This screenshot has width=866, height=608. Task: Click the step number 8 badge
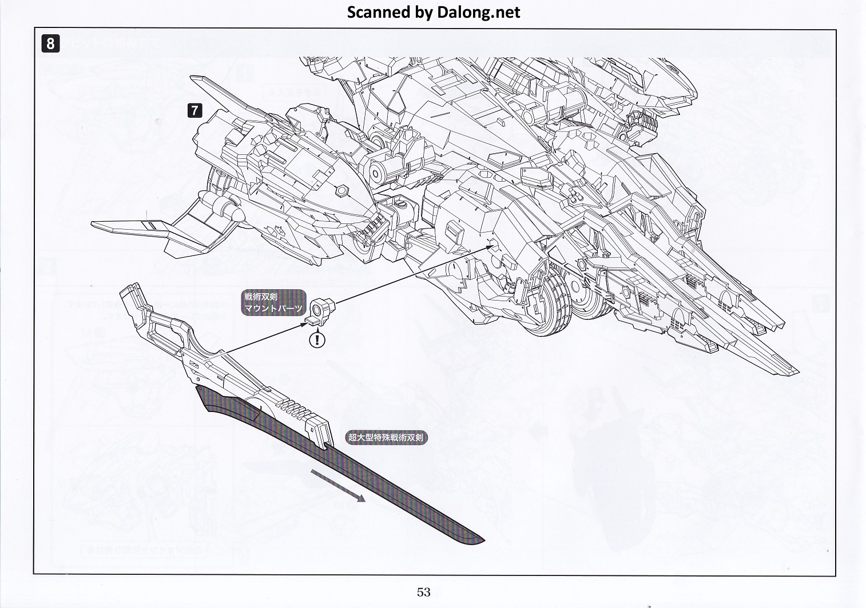50,43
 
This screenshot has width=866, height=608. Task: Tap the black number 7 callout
195,110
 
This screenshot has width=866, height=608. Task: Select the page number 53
423,592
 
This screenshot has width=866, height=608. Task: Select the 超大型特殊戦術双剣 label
386,438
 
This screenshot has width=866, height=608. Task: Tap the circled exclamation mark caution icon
317,340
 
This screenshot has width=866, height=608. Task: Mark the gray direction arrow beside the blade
338,485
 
